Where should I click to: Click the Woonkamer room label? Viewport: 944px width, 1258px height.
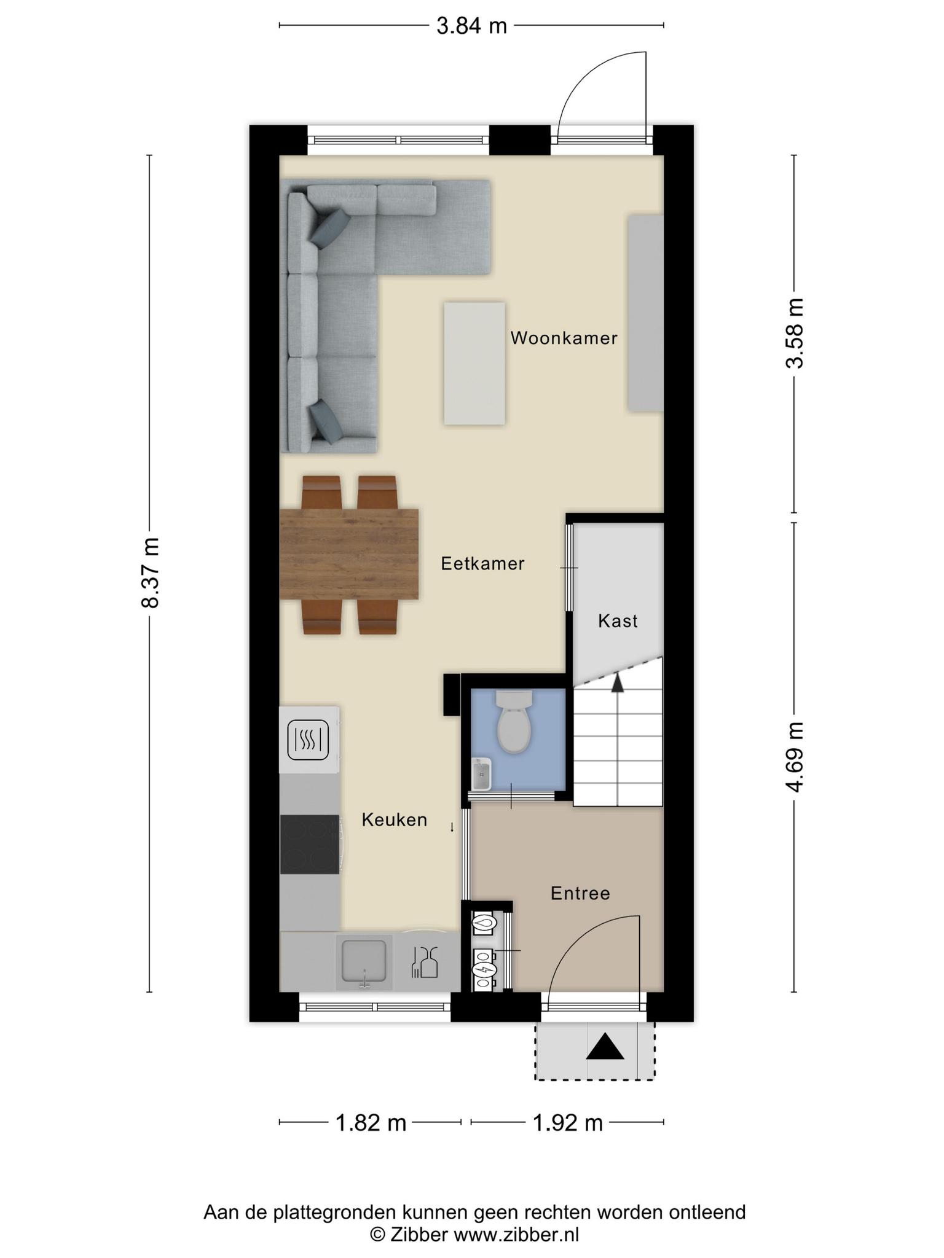pyautogui.click(x=564, y=338)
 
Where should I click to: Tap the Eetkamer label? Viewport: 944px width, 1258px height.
pyautogui.click(x=482, y=563)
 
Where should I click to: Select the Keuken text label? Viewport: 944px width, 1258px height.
pyautogui.click(x=394, y=819)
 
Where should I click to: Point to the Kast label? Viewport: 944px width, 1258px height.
pyautogui.click(x=618, y=621)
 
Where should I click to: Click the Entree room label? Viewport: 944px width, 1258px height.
pyautogui.click(x=580, y=893)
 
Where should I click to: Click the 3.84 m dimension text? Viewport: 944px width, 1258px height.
pyautogui.click(x=471, y=26)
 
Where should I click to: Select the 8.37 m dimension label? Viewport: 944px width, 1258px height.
pyautogui.click(x=151, y=572)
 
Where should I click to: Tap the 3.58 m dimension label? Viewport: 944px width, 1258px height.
pyautogui.click(x=794, y=333)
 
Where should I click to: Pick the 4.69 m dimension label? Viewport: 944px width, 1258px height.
pyautogui.click(x=794, y=757)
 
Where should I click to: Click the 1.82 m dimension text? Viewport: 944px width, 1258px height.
pyautogui.click(x=371, y=1123)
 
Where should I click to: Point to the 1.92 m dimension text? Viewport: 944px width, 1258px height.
pyautogui.click(x=567, y=1123)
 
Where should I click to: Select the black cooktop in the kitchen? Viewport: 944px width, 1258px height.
pyautogui.click(x=310, y=844)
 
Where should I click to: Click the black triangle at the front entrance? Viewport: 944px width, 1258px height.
pyautogui.click(x=605, y=1047)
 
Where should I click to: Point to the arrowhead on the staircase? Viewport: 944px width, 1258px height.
pyautogui.click(x=618, y=682)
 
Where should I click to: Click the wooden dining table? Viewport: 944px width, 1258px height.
pyautogui.click(x=349, y=554)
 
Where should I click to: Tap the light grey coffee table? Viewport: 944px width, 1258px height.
pyautogui.click(x=475, y=363)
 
